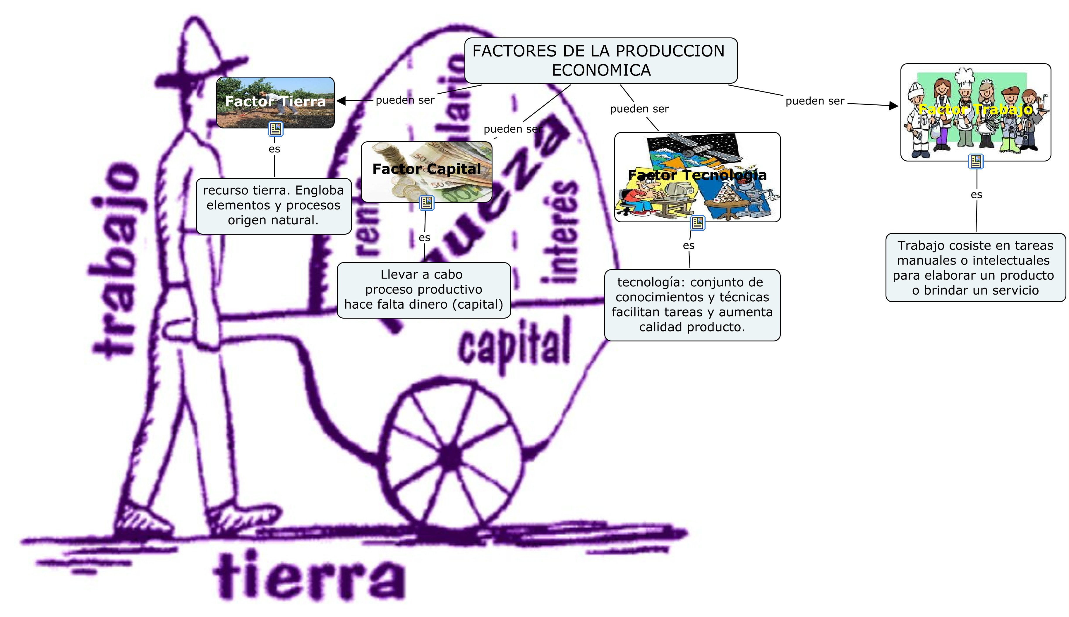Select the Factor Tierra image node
pos(275,102)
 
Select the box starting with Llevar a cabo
pos(423,290)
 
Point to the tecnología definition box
pos(692,305)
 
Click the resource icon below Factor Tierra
pos(275,129)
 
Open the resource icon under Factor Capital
pos(426,203)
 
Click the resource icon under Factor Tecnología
pos(697,222)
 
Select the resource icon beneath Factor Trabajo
pos(976,161)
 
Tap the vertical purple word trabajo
pos(116,261)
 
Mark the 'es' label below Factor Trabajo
pos(976,195)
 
